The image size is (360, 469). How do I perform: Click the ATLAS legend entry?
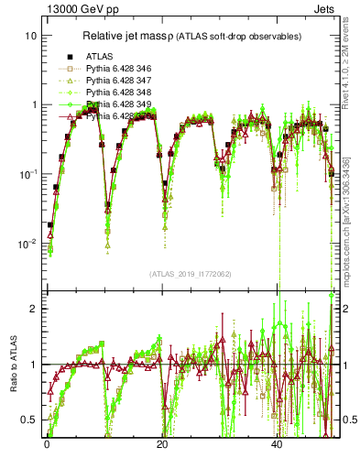[99, 57]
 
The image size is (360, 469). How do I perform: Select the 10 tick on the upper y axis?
[30, 35]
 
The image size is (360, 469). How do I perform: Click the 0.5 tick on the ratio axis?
[30, 420]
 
